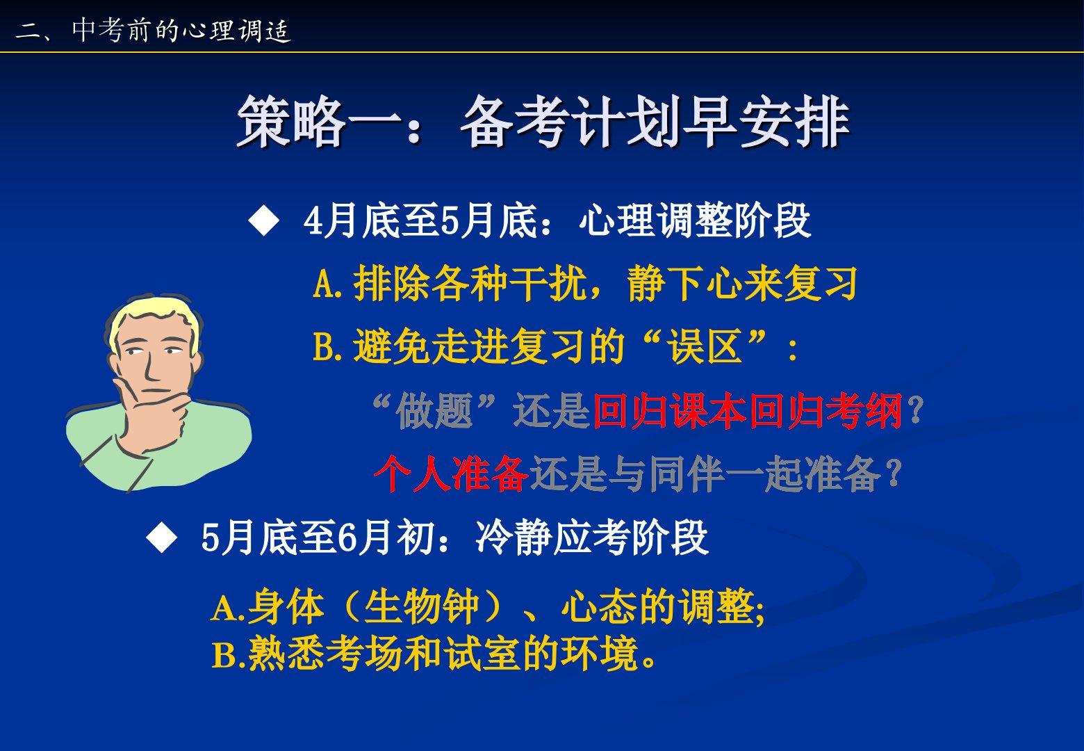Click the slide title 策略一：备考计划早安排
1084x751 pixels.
click(543, 121)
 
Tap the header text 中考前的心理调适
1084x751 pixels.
click(181, 31)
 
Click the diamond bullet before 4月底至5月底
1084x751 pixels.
click(264, 220)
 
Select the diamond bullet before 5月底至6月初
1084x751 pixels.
click(162, 538)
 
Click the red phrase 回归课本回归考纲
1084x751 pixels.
click(748, 411)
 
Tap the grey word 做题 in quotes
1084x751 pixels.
click(434, 411)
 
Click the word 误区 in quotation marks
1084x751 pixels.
click(705, 346)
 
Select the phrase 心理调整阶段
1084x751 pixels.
click(695, 220)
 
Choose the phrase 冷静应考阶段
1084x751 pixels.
click(592, 538)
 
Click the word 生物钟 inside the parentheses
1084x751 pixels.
click(422, 606)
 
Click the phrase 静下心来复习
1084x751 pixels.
click(742, 283)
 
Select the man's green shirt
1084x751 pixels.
click(160, 460)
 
